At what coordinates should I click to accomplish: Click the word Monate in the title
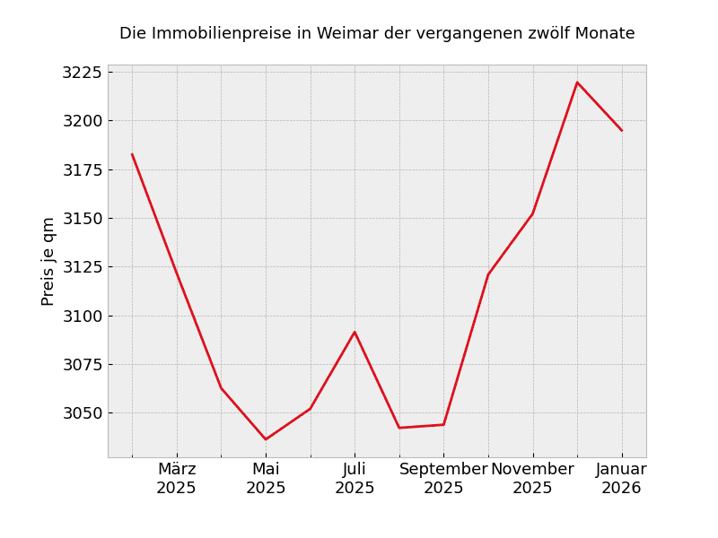click(x=604, y=34)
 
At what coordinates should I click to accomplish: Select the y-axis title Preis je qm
click(x=48, y=261)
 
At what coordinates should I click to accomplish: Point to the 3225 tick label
click(x=82, y=73)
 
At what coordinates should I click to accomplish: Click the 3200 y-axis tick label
click(x=82, y=121)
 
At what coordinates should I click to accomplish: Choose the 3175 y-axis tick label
click(x=82, y=169)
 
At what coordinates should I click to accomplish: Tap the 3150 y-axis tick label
click(x=82, y=219)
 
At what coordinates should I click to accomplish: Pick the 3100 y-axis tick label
click(x=82, y=316)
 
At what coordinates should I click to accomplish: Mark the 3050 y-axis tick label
click(x=82, y=413)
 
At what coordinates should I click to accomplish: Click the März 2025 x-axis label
click(x=177, y=479)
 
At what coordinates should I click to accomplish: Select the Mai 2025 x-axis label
click(x=266, y=479)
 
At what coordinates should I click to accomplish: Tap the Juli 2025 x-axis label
click(x=355, y=479)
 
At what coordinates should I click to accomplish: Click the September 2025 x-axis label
click(x=443, y=479)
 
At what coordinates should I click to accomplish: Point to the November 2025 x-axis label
click(x=532, y=479)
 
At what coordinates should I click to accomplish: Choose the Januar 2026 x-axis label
click(x=621, y=479)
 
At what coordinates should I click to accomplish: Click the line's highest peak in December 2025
click(x=577, y=82)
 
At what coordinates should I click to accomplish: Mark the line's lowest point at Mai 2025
click(x=266, y=439)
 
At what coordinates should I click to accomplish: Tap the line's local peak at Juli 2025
click(x=355, y=333)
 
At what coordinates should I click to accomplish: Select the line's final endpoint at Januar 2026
click(x=621, y=131)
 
